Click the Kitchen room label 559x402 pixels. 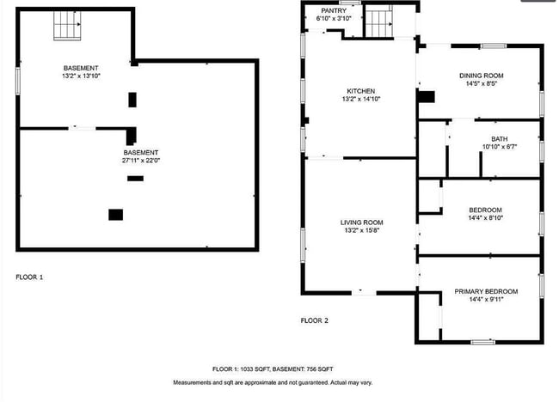tap(361, 91)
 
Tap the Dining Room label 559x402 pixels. tap(480, 76)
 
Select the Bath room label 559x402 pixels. tap(499, 138)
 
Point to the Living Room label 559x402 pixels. tap(361, 222)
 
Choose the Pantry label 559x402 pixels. tap(334, 10)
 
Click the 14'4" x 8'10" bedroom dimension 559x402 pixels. tap(485, 218)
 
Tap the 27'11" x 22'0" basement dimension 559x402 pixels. tap(142, 161)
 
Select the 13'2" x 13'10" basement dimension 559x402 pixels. tap(81, 76)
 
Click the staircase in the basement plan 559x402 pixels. tap(68, 25)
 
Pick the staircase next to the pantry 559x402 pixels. tap(378, 21)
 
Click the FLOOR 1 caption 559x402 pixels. tap(29, 277)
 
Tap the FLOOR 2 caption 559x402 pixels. tap(314, 320)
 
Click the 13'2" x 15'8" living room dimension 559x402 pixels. tap(361, 229)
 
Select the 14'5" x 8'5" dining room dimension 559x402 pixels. tap(480, 83)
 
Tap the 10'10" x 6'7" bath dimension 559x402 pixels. tap(499, 146)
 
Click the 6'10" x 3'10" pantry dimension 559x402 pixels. tap(334, 18)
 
